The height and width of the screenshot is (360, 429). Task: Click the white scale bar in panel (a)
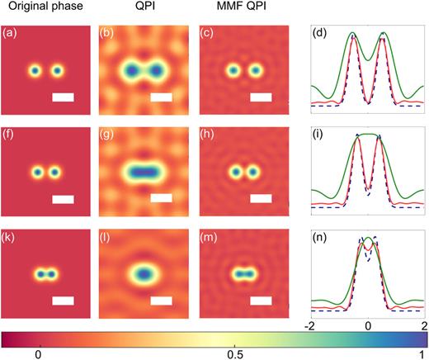coord(63,97)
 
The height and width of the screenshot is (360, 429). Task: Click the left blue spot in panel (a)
coord(35,71)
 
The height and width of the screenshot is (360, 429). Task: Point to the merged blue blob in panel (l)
coord(144,272)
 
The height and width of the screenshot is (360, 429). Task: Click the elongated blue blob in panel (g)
coord(144,173)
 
